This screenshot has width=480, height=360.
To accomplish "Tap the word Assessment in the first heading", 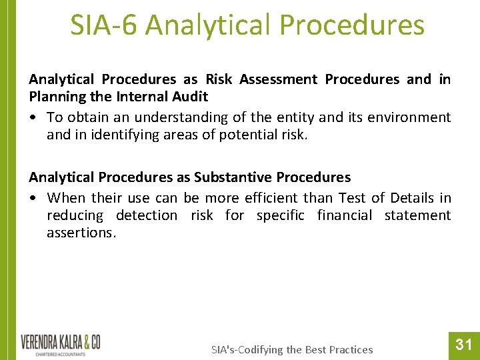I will point(278,79).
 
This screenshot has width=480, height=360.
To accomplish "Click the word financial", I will point(344,215).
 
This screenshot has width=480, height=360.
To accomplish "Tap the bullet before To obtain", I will point(33,117).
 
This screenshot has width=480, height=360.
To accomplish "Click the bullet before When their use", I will point(33,198).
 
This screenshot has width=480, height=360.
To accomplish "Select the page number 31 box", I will point(463,345).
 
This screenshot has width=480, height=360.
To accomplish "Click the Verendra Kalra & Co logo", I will point(60,345).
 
